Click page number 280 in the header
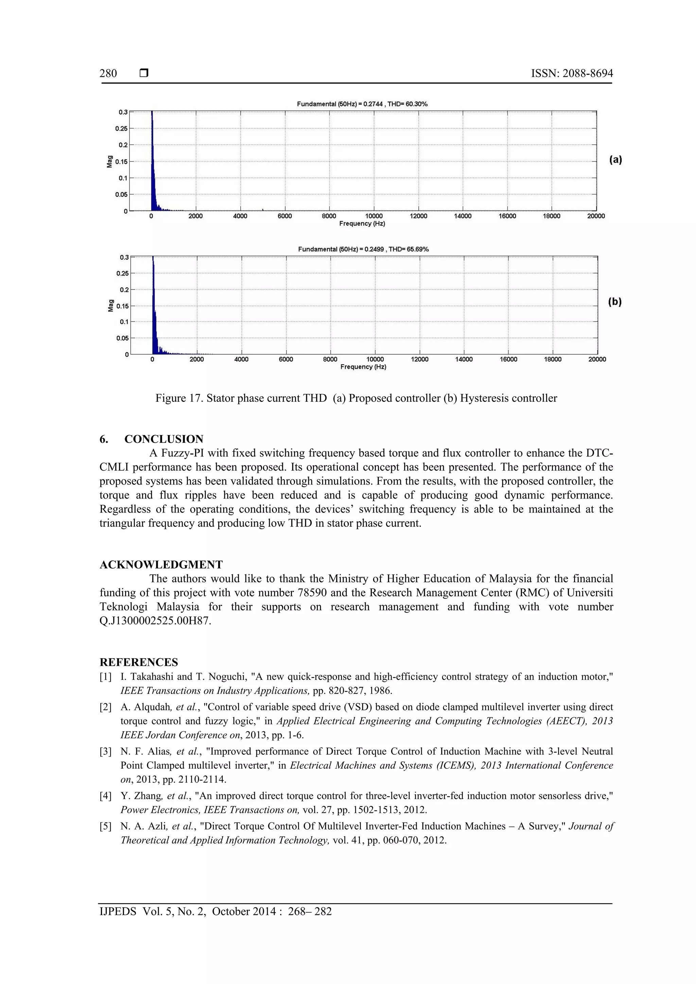click(108, 73)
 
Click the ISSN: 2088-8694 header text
click(572, 73)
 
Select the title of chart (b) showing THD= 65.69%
click(363, 249)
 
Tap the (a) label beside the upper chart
click(615, 160)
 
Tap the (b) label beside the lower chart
click(614, 302)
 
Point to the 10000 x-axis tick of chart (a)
click(373, 216)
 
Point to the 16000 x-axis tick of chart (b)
click(508, 359)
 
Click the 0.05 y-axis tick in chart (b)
click(122, 338)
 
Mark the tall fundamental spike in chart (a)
click(152, 159)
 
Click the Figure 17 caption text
click(356, 398)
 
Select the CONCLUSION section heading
click(164, 439)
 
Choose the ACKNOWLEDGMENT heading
click(161, 565)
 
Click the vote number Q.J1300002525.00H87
click(155, 621)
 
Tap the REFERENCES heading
click(139, 662)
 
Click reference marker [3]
click(105, 751)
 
